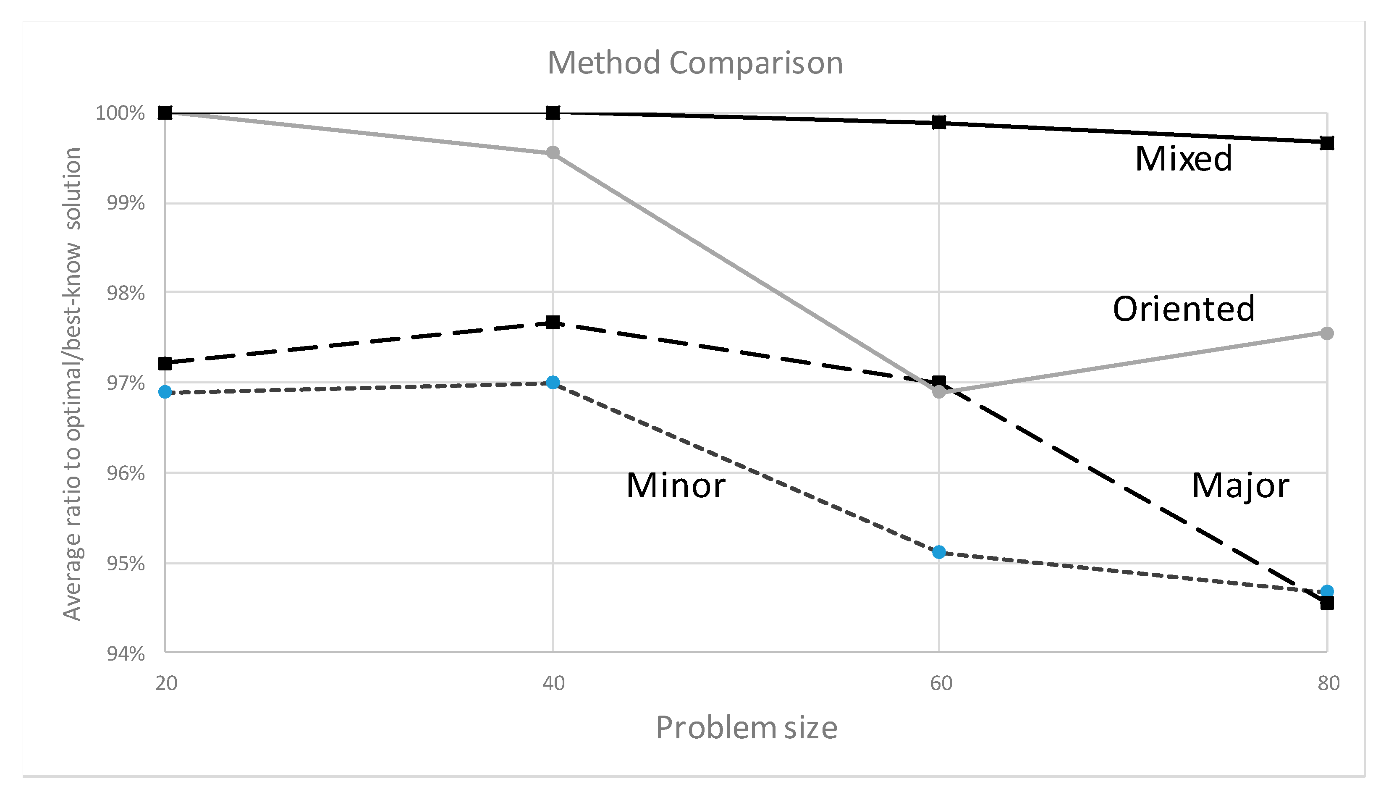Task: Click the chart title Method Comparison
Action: [x=695, y=63]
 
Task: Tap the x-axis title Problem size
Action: [x=746, y=728]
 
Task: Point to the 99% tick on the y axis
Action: [x=126, y=204]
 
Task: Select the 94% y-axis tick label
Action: [x=126, y=653]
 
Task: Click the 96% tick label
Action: [x=126, y=473]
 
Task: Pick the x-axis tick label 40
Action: [x=553, y=683]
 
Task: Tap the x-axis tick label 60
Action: [x=941, y=683]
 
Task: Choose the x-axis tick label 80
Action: [x=1328, y=683]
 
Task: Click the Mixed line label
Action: [x=1183, y=159]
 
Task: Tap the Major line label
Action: [x=1240, y=485]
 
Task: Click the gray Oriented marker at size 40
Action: [x=553, y=152]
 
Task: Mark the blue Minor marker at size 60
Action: [x=939, y=552]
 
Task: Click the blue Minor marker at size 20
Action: [x=165, y=392]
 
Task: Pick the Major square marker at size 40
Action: [x=553, y=322]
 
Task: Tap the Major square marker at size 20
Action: [x=165, y=364]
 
